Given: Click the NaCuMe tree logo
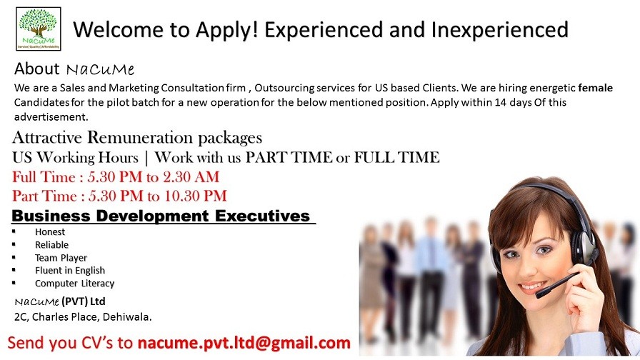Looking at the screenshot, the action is [39, 29].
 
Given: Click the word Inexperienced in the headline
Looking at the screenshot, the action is [499, 30].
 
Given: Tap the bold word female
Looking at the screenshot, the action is [595, 88].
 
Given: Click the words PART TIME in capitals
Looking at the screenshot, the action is [289, 157].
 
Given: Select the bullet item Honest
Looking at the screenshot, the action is [50, 232].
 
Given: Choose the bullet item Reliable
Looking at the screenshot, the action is [51, 245].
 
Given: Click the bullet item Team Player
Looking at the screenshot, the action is [61, 258].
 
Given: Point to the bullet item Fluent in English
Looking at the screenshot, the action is [70, 271].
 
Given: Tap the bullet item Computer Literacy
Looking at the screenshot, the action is [74, 284].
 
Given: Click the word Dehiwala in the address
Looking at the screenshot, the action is [127, 316].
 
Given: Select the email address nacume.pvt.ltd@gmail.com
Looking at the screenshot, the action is [244, 343].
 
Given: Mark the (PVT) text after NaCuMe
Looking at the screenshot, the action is [74, 301].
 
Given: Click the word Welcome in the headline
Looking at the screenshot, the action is [125, 30].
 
